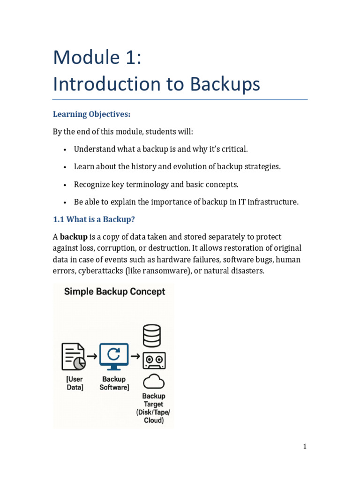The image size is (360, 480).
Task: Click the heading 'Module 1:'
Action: click(97, 57)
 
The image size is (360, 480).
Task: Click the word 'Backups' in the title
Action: click(225, 84)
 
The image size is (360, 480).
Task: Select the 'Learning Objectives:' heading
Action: click(91, 114)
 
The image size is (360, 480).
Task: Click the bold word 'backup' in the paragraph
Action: click(74, 237)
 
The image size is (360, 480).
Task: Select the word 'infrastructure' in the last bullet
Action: click(274, 202)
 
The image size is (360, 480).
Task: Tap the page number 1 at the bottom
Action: click(305, 446)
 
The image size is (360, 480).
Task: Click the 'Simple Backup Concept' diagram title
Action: click(114, 292)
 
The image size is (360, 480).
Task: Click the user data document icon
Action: click(74, 357)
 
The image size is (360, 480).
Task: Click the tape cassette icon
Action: click(154, 360)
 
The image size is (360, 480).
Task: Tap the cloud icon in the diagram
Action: click(154, 382)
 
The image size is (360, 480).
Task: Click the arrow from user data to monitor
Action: click(92, 356)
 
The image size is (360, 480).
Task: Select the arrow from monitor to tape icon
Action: click(135, 356)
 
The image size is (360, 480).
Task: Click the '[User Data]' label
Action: click(75, 383)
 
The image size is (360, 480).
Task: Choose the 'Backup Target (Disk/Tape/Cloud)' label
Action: click(154, 408)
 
